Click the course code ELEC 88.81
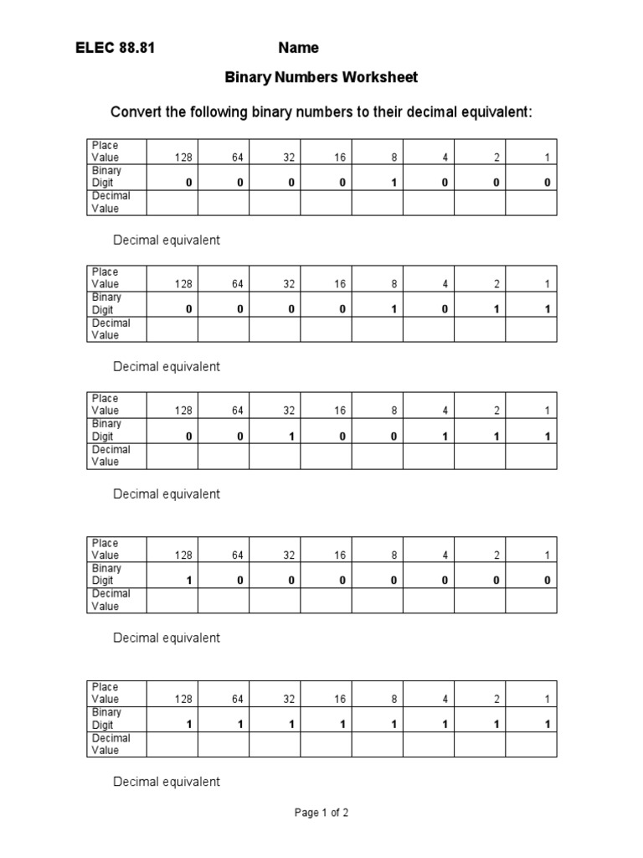[x=115, y=49]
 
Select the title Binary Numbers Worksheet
[x=321, y=78]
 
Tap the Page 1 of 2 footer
[x=321, y=813]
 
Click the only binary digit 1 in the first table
[x=393, y=183]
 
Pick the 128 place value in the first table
[x=183, y=158]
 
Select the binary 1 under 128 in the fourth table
[x=189, y=580]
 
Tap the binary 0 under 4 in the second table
[x=445, y=309]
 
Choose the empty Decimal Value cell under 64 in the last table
[x=224, y=744]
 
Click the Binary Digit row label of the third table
[x=106, y=430]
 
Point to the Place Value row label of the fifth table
[x=105, y=693]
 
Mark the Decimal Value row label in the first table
[x=111, y=202]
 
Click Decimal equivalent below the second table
[x=167, y=367]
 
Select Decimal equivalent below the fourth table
[x=167, y=638]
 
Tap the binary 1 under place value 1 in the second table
[x=547, y=309]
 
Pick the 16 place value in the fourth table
[x=340, y=555]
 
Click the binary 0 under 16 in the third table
[x=342, y=436]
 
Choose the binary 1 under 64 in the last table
[x=239, y=724]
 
